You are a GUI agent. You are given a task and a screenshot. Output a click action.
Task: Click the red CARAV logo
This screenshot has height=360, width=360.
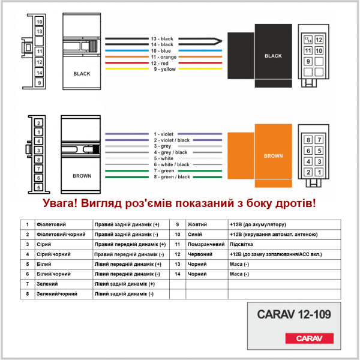[309, 338]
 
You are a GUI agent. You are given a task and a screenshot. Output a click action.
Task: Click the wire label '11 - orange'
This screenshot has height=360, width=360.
[164, 57]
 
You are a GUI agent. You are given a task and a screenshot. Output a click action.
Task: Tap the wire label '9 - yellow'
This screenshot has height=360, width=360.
[164, 69]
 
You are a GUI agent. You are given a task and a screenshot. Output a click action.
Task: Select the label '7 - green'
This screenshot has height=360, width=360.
[164, 171]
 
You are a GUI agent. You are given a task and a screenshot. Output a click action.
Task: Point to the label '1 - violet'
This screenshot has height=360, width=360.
[163, 134]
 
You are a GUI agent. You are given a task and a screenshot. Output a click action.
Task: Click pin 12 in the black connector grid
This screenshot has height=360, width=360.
[319, 40]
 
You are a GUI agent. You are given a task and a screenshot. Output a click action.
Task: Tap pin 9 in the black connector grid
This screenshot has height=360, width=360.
[308, 61]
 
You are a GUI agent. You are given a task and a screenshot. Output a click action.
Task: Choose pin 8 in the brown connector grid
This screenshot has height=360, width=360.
[308, 140]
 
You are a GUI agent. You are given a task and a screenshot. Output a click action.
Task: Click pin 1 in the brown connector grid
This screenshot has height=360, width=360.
[319, 172]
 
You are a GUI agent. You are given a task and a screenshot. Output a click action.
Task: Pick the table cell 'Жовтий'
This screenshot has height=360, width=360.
[197, 224]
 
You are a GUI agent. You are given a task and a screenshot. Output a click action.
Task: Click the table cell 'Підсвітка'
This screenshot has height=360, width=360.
[241, 244]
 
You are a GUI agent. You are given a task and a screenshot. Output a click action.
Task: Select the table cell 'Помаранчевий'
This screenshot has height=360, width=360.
[206, 244]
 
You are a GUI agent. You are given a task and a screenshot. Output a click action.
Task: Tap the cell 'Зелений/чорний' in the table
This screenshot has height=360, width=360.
[57, 294]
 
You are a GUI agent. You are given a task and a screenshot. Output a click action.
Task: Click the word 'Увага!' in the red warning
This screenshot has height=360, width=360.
[60, 203]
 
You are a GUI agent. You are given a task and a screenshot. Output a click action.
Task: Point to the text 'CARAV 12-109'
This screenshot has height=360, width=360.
[294, 314]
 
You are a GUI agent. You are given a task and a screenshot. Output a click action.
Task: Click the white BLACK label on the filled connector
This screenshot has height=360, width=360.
[273, 56]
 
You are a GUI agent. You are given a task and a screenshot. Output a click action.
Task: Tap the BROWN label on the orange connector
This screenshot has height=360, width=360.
[273, 156]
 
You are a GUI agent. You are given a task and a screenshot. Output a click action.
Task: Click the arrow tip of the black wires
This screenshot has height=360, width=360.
[222, 41]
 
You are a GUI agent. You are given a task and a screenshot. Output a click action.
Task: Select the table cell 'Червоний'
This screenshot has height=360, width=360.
[200, 254]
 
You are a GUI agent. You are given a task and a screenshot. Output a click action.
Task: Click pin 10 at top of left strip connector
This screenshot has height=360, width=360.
[39, 22]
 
